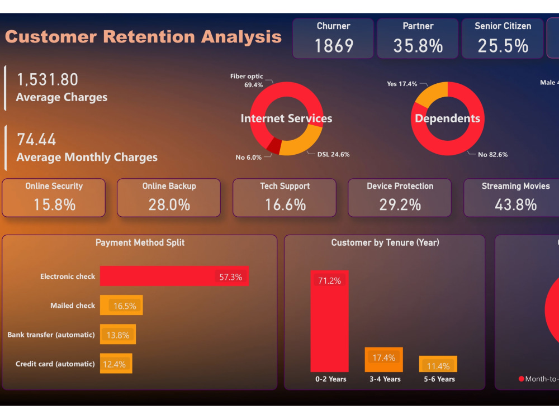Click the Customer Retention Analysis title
143,37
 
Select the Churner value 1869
334,46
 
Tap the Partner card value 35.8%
418,46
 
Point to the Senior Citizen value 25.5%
503,46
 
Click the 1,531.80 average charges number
48,79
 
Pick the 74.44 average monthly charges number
36,139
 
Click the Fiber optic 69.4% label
246,80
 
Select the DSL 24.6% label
333,154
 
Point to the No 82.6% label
492,154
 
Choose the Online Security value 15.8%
54,204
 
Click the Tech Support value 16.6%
285,204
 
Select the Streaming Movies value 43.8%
515,204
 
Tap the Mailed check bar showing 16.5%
121,306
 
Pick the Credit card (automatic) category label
55,364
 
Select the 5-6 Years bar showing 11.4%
438,364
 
